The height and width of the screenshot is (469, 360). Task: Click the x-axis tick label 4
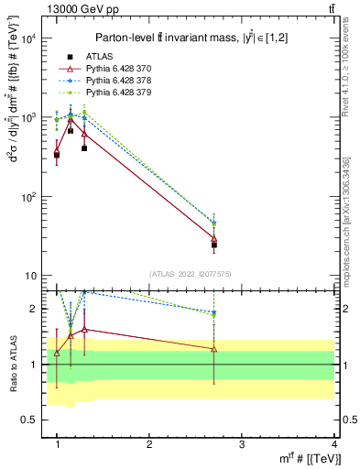tap(333, 444)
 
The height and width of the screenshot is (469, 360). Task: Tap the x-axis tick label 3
tap(241, 444)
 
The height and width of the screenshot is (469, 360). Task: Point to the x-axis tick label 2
tap(149, 444)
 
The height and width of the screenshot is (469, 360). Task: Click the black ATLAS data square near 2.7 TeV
tap(213, 245)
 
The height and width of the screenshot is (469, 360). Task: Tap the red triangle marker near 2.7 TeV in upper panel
tap(213, 238)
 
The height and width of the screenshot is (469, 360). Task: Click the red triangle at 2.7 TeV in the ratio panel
tap(213, 349)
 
